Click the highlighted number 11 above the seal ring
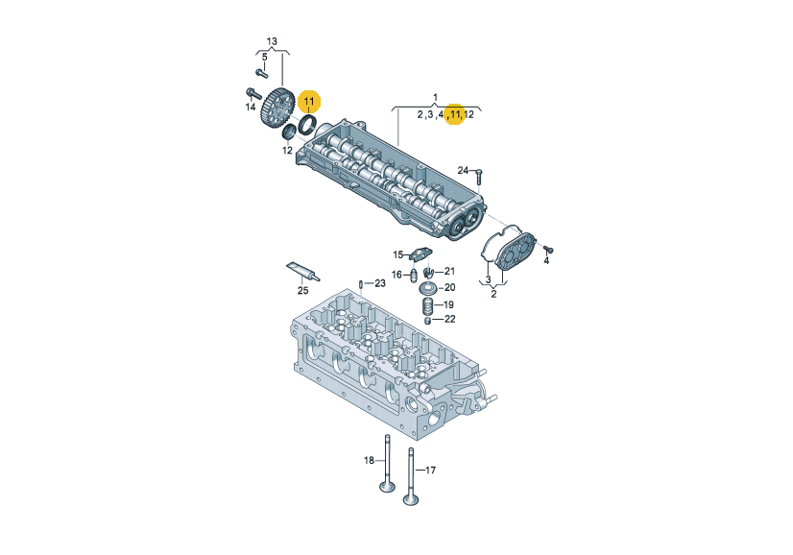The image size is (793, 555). coord(309,102)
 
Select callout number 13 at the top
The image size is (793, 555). coord(272,41)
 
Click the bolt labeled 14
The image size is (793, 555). coord(252,93)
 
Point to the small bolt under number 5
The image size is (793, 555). coord(261,73)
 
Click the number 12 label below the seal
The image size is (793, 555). coord(287,150)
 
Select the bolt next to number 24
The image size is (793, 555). coord(479,176)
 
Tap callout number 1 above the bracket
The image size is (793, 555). coord(436,97)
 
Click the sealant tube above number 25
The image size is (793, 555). coord(303,272)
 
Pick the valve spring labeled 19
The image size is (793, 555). coord(428,306)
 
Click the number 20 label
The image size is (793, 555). coord(449,287)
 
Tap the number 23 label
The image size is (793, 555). coord(380,283)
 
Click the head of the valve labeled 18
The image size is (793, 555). coord(388,487)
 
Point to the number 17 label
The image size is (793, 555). coord(430,470)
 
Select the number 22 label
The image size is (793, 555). coord(449,319)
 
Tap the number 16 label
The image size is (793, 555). coord(397,275)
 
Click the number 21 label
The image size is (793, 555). coord(449,271)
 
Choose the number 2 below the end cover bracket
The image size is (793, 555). coord(493,294)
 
